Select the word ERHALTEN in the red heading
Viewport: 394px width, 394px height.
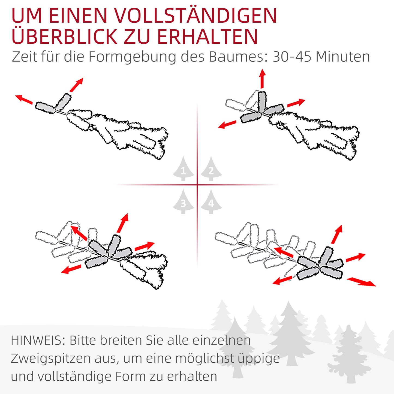coord(207,37)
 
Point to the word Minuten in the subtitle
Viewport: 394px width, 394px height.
coord(343,57)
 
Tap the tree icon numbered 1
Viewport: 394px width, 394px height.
coord(183,169)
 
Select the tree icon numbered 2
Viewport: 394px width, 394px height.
coord(211,169)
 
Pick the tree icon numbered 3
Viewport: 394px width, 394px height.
coord(183,202)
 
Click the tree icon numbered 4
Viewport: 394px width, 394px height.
coord(211,202)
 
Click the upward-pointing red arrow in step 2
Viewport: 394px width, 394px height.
coord(262,79)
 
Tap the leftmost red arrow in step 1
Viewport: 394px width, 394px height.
coord(24,99)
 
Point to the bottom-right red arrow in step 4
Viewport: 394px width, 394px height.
coord(361,282)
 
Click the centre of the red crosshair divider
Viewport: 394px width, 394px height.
coord(197,185)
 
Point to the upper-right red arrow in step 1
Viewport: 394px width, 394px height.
coord(76,85)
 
